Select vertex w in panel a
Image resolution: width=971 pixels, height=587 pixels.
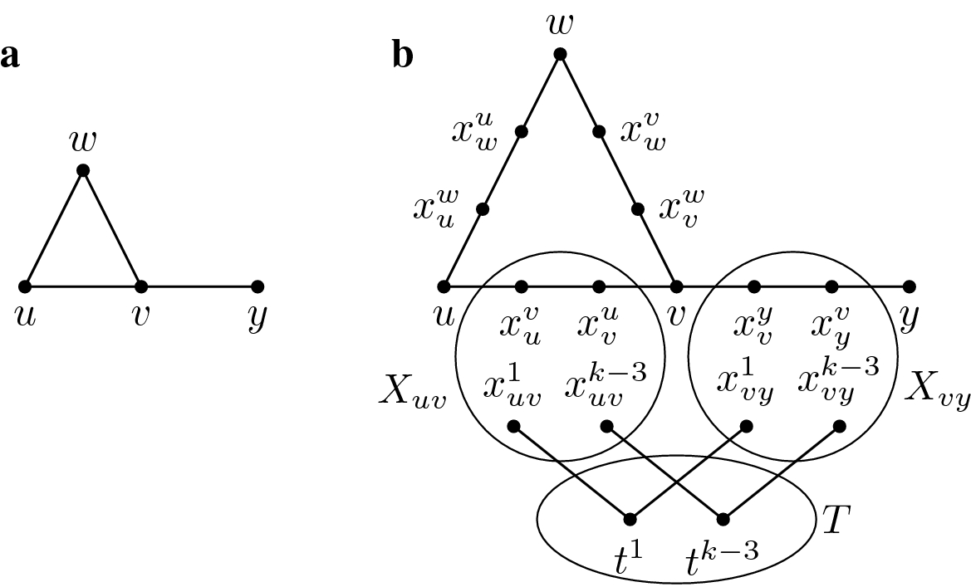(x=82, y=171)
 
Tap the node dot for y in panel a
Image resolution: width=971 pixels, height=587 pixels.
(x=257, y=286)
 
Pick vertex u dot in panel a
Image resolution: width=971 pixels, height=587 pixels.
(x=25, y=286)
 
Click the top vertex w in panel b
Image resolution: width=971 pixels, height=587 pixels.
(x=560, y=54)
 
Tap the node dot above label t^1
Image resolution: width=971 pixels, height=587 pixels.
(x=629, y=520)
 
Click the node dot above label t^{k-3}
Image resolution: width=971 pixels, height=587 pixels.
(x=723, y=520)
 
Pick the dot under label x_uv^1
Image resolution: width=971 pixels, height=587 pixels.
(x=513, y=427)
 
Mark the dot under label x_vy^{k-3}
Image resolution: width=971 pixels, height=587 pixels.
(x=839, y=427)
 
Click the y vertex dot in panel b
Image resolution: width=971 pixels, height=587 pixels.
(x=910, y=286)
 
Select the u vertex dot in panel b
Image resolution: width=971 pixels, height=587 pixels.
(x=444, y=286)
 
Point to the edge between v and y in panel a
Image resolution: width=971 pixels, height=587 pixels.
(x=199, y=286)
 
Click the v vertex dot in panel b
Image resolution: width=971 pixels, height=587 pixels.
(x=676, y=286)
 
